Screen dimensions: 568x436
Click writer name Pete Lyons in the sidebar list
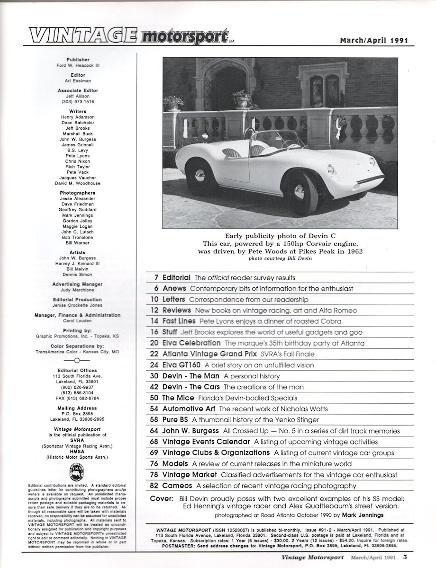78,156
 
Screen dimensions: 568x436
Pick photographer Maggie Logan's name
78,226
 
